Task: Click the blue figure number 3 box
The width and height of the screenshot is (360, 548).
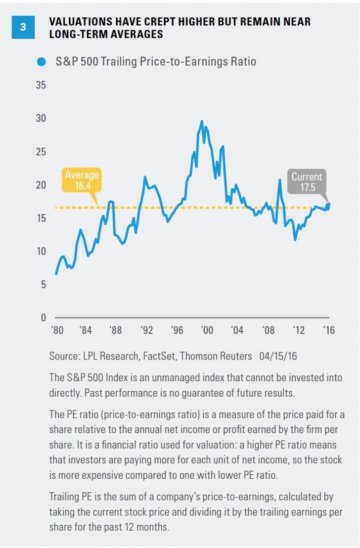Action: [x=23, y=27]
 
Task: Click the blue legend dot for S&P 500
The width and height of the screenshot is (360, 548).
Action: [x=42, y=62]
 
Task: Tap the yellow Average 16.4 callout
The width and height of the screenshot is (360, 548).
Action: [x=82, y=180]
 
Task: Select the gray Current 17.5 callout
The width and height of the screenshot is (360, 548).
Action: [x=307, y=182]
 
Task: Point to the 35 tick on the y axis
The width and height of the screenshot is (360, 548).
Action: [x=41, y=85]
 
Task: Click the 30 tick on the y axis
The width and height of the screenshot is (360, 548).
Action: [x=41, y=118]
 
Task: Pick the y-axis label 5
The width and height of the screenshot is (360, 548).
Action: [x=43, y=284]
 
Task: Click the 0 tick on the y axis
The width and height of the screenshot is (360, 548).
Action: [x=43, y=318]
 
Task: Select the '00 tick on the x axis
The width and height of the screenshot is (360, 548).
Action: [x=207, y=330]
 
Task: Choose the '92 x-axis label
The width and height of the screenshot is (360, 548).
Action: [x=146, y=330]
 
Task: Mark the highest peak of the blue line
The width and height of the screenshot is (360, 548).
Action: [x=202, y=121]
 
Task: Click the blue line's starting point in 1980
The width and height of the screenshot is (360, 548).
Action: [x=56, y=274]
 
